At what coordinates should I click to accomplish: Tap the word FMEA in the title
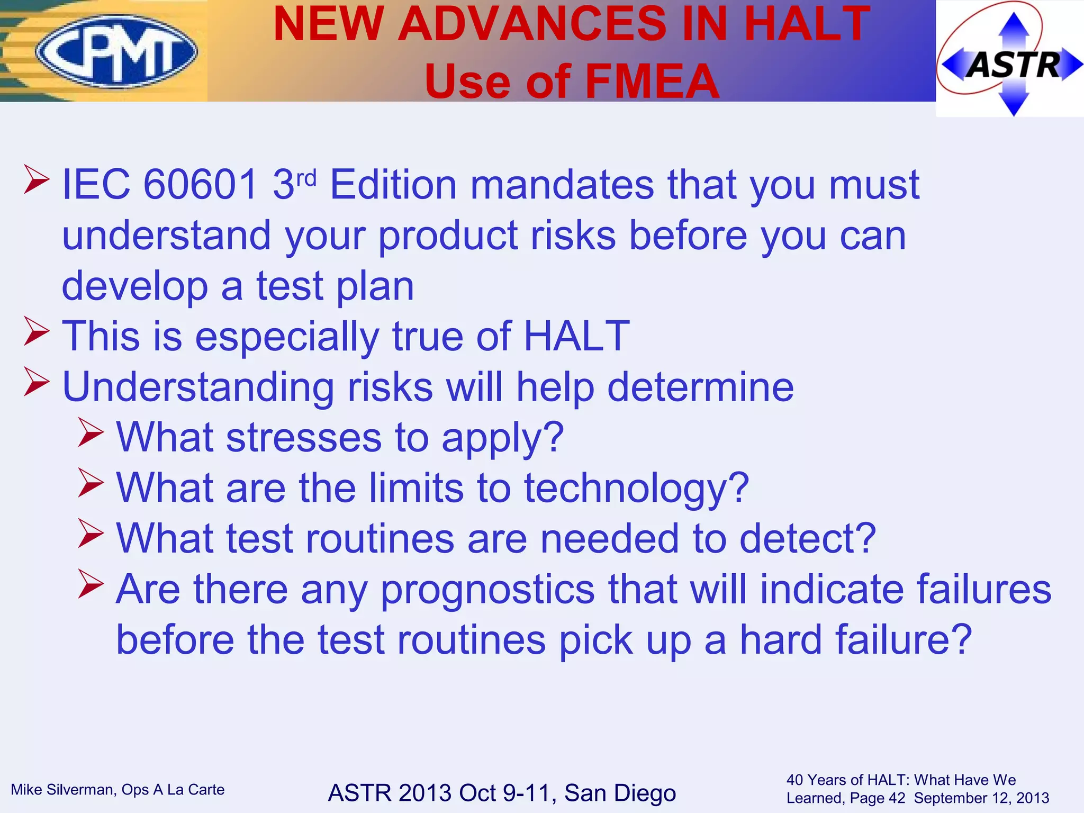[652, 82]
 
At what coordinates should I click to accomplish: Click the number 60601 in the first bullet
[201, 185]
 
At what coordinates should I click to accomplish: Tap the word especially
[287, 337]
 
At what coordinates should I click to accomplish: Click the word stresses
[304, 438]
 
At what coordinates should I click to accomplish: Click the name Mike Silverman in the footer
[64, 790]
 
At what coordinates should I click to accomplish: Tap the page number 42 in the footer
[896, 798]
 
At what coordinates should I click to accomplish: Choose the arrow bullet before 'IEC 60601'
[37, 180]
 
